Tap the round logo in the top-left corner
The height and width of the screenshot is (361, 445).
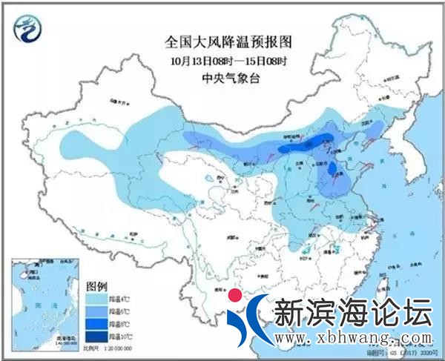click(29, 29)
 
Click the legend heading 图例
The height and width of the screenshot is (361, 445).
click(97, 285)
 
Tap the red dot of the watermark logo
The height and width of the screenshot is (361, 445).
click(236, 298)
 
